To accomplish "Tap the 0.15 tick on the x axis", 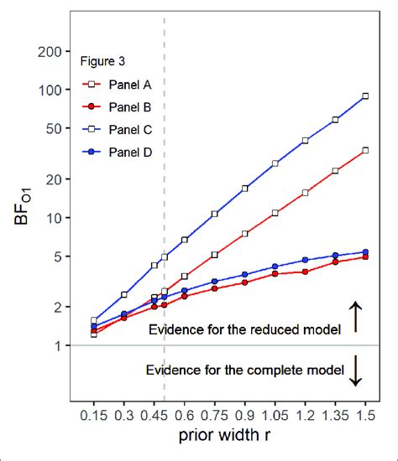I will click(94, 414).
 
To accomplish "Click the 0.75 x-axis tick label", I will click(215, 414).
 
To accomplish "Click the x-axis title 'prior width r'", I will click(229, 437).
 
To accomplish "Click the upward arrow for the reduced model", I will click(356, 317).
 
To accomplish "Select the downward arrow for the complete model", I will click(356, 370).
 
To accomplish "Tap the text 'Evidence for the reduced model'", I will click(244, 329).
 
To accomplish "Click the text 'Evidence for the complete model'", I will click(245, 370).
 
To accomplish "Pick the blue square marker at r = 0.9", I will click(245, 189).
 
